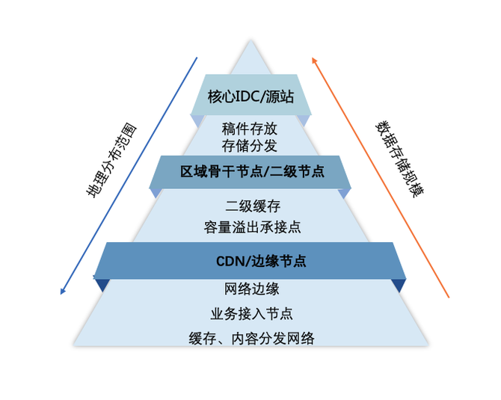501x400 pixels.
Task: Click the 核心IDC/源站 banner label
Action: coord(250,96)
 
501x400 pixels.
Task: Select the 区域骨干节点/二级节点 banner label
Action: coord(252,172)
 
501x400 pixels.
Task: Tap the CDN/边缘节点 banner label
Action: coord(250,262)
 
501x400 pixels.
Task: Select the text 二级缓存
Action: coord(252,206)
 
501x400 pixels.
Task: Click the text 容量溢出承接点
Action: coord(252,225)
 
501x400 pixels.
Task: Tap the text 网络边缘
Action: coord(251,289)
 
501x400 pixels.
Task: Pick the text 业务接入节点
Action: coord(251,313)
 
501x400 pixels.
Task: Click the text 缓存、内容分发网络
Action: coord(251,338)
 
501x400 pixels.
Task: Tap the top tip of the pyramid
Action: coord(250,41)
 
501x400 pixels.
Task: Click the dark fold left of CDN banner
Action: coord(101,285)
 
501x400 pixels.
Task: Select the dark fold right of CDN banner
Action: coord(399,285)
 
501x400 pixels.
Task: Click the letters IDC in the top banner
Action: coord(248,96)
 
